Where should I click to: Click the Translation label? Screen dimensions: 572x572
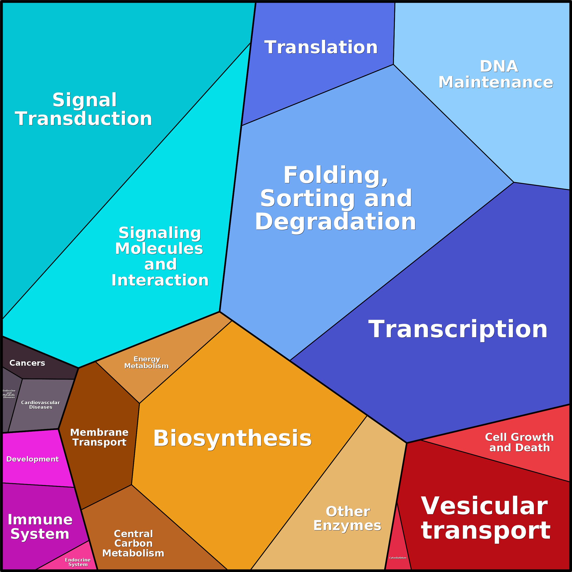321,47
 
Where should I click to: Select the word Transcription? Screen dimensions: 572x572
458,329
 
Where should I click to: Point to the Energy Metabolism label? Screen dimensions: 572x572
147,362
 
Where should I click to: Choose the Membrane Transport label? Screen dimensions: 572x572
100,437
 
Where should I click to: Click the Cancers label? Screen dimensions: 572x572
27,363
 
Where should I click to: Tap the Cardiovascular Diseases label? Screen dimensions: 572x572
41,405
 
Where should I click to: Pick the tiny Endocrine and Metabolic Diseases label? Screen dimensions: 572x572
9,394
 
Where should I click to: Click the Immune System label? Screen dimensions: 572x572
40,526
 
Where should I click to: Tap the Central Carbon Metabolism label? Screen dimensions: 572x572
133,543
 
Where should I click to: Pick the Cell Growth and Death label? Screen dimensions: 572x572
519,442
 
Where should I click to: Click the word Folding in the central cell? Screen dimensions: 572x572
336,175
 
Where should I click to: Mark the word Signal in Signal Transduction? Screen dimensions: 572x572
85,100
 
